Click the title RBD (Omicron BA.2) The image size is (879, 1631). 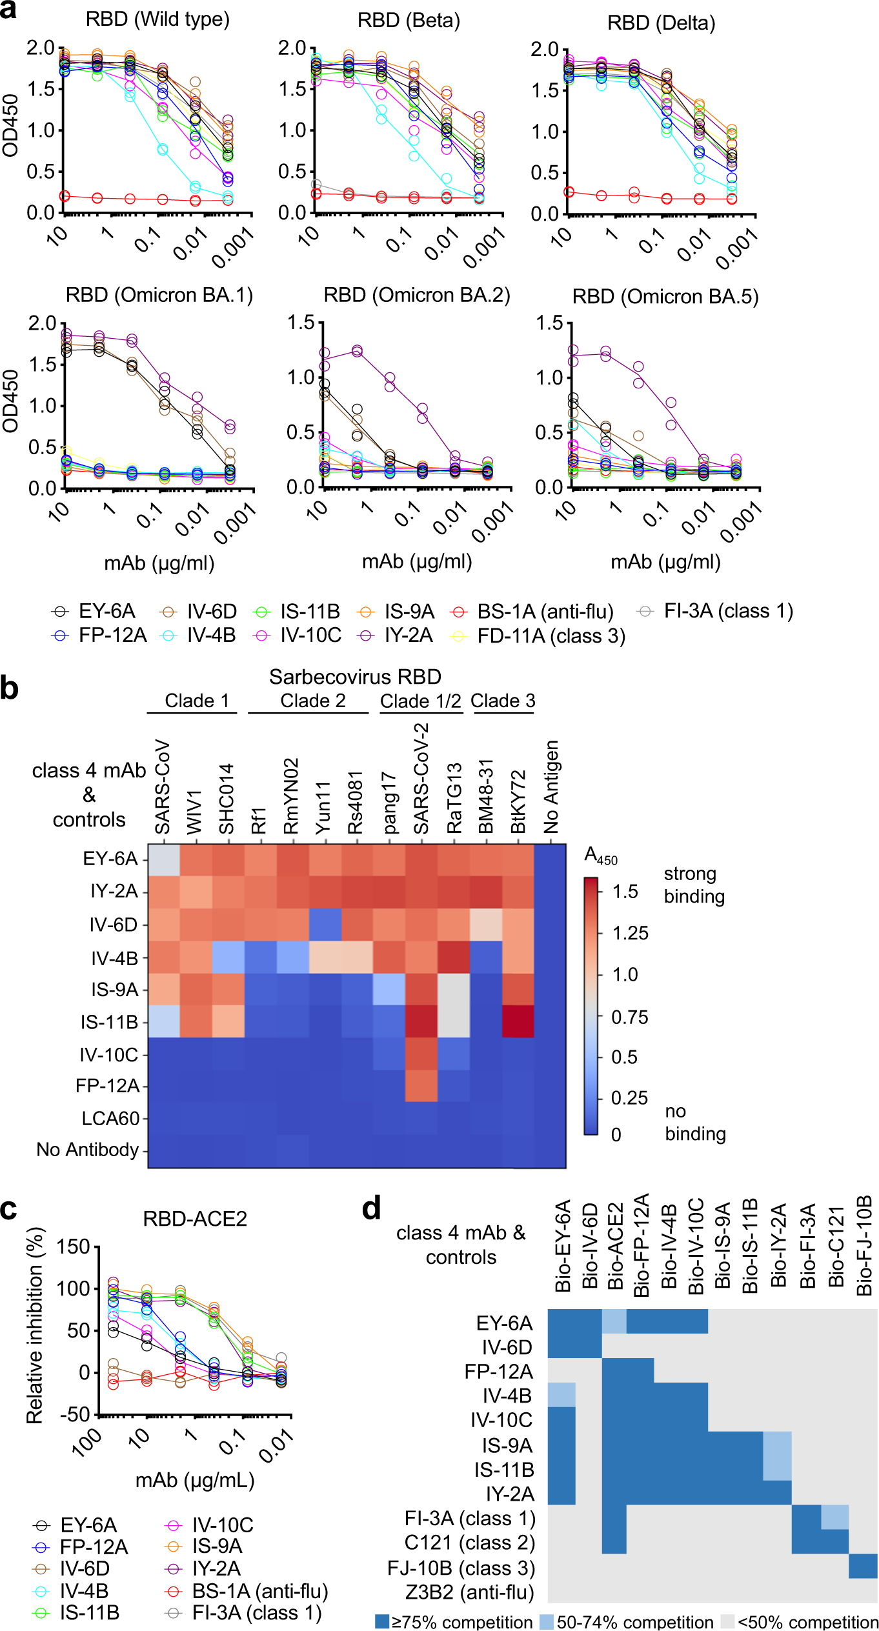click(x=416, y=295)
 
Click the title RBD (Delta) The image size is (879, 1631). click(x=661, y=23)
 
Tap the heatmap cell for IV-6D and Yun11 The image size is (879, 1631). click(x=325, y=925)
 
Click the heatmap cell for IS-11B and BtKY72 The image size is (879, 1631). click(x=518, y=1021)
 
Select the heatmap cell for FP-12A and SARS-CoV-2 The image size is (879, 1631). click(x=421, y=1086)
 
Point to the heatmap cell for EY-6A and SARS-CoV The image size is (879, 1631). click(x=164, y=860)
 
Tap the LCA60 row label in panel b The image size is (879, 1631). click(x=110, y=1118)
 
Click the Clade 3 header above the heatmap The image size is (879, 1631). click(x=503, y=701)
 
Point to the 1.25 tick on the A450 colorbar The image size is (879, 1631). click(x=630, y=933)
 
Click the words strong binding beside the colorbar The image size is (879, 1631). click(x=694, y=885)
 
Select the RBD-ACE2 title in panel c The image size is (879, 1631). click(x=195, y=1218)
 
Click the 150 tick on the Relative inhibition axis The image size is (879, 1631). click(x=73, y=1246)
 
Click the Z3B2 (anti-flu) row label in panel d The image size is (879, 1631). click(x=469, y=1592)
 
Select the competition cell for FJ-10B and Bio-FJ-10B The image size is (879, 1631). click(x=863, y=1566)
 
